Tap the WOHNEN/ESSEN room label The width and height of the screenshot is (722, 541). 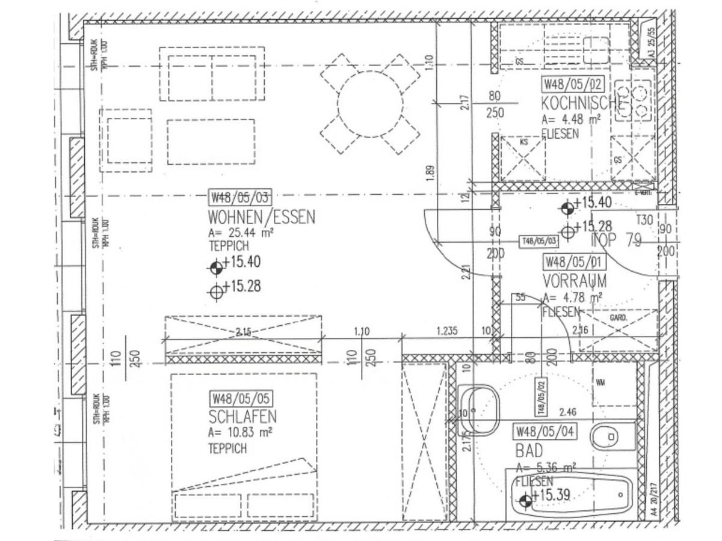click(261, 216)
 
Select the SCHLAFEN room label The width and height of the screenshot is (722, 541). click(242, 416)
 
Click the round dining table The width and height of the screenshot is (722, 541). click(370, 105)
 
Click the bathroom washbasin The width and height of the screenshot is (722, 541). click(480, 410)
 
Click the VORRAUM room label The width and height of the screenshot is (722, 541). click(574, 281)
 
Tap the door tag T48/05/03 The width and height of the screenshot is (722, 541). click(538, 241)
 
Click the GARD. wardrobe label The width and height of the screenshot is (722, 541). click(619, 317)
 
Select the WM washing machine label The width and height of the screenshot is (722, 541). click(600, 382)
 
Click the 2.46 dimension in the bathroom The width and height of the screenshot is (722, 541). click(568, 412)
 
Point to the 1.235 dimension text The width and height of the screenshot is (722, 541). click(447, 331)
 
